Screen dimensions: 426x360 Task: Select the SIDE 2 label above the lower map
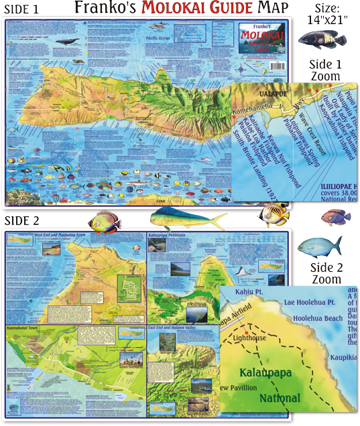click(23, 220)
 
